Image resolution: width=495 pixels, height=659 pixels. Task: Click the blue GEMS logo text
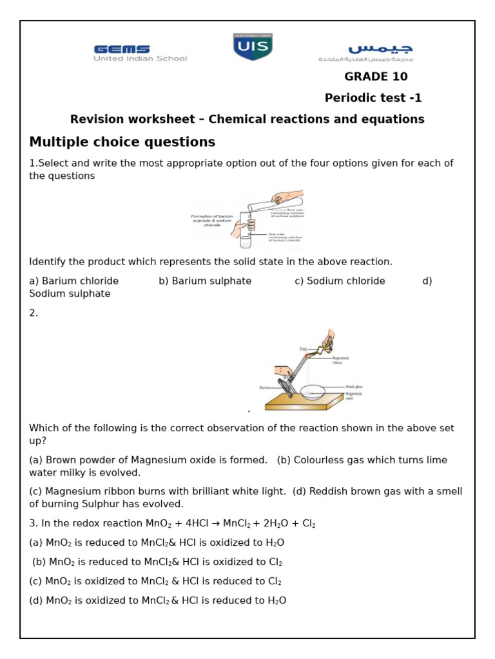(122, 49)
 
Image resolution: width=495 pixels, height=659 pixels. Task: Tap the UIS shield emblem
(253, 47)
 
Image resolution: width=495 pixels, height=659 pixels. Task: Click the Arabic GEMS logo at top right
(380, 49)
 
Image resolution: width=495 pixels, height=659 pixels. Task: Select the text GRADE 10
(376, 77)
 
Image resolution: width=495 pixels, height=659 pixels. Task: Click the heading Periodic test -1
(373, 98)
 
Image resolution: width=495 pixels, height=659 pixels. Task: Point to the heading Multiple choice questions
(122, 142)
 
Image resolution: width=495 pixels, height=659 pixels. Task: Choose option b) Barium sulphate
(205, 281)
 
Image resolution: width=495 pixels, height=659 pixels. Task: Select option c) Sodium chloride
(340, 281)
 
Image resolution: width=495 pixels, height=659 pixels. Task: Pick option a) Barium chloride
(74, 281)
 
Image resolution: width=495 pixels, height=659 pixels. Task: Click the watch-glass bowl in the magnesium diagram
(313, 392)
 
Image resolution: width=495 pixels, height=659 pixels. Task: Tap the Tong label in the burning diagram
(303, 349)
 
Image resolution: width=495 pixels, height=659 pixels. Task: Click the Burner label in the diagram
(264, 387)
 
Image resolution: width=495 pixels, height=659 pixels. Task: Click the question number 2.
(34, 313)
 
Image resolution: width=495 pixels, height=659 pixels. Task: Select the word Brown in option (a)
(61, 460)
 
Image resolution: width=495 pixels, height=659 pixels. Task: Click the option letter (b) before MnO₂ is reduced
(39, 562)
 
